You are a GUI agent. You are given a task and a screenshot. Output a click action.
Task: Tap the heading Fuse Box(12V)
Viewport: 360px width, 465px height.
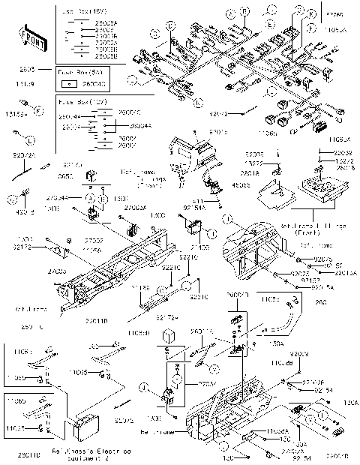pyautogui.click(x=76, y=100)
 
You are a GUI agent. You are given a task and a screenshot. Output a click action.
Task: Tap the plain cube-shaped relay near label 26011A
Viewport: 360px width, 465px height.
pyautogui.click(x=170, y=334)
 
